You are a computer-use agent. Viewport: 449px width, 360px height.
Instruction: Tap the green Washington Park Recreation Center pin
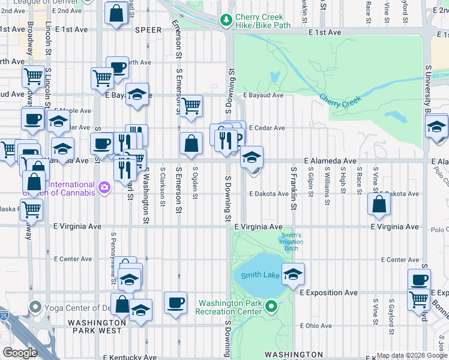[x=271, y=307]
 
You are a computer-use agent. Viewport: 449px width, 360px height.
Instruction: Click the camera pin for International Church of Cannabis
[x=105, y=188]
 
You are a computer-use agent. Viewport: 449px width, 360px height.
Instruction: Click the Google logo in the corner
[x=20, y=353]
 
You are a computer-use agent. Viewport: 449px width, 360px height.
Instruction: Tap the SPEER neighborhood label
[x=148, y=30]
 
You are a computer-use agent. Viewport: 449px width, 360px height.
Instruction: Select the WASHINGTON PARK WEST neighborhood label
[x=97, y=326]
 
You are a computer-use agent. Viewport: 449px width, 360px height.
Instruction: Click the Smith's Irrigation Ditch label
[x=291, y=242]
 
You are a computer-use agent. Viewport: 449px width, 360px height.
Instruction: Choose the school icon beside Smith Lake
[x=293, y=274]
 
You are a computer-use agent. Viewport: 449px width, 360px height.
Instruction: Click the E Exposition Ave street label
[x=328, y=293]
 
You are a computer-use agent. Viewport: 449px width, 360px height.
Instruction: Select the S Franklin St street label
[x=294, y=188]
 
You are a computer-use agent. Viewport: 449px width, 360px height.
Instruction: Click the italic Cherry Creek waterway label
[x=340, y=100]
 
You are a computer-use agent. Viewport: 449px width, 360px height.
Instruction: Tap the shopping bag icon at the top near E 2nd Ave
[x=115, y=12]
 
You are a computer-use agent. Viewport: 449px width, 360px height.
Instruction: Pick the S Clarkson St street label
[x=163, y=186]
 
